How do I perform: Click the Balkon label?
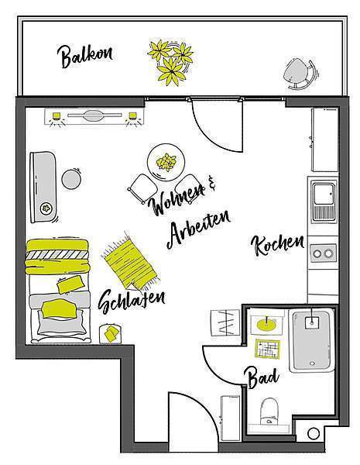pyautogui.click(x=84, y=56)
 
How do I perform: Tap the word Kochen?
pyautogui.click(x=278, y=245)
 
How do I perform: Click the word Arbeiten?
pyautogui.click(x=198, y=229)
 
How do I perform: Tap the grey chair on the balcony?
pyautogui.click(x=300, y=74)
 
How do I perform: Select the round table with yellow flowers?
pyautogui.click(x=166, y=162)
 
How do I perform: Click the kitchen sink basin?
pyautogui.click(x=324, y=194)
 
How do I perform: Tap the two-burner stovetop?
pyautogui.click(x=324, y=253)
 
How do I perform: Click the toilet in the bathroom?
pyautogui.click(x=269, y=412)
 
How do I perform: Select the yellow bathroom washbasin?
pyautogui.click(x=266, y=325)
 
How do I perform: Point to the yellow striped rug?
pyautogui.click(x=130, y=261)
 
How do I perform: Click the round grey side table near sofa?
pyautogui.click(x=71, y=179)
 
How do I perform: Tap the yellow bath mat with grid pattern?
pyautogui.click(x=268, y=348)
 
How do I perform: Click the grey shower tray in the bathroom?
pyautogui.click(x=311, y=341)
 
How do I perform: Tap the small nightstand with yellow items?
pyautogui.click(x=110, y=333)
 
